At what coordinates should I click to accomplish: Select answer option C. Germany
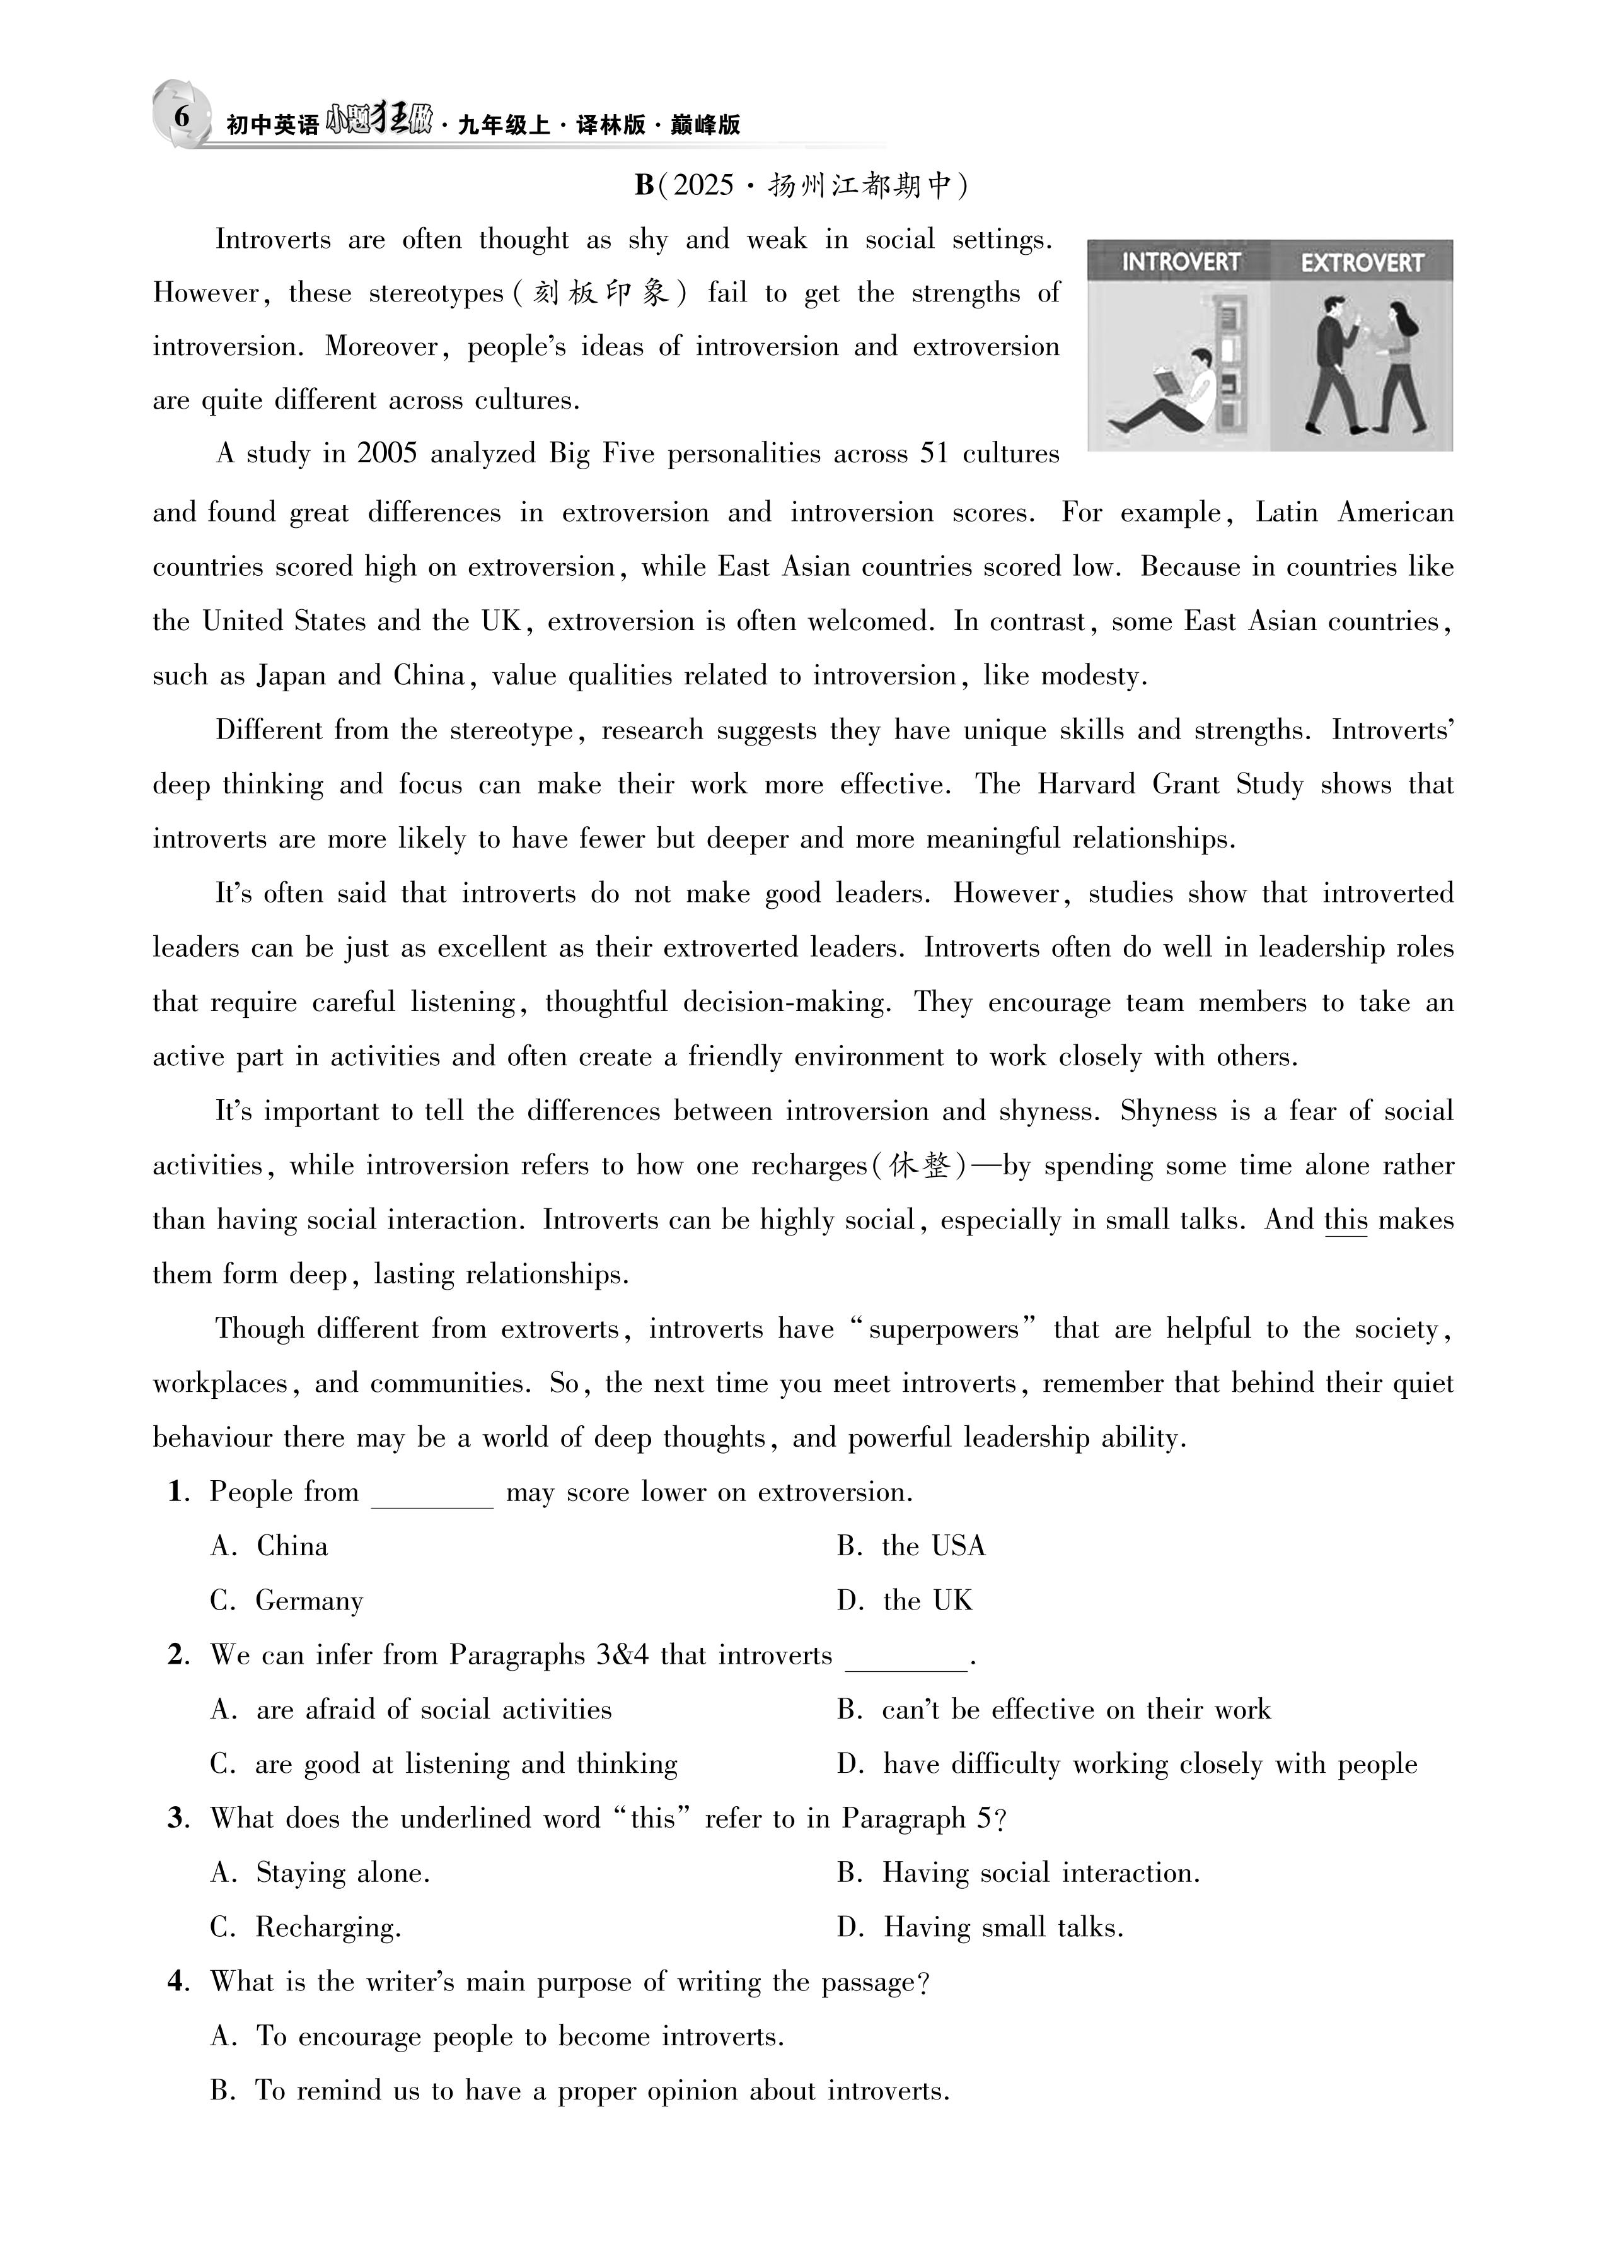(287, 1601)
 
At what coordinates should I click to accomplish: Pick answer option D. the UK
(905, 1601)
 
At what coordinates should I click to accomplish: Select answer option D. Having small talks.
(980, 1927)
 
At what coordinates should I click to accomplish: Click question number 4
(177, 1981)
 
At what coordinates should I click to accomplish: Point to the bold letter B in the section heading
(644, 185)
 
